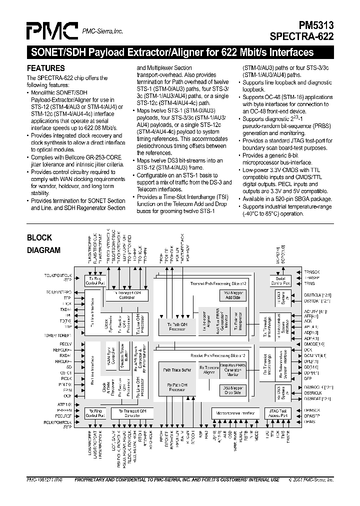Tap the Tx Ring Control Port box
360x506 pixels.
point(94,280)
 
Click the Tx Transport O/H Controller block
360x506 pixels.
point(129,295)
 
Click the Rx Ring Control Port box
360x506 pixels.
point(94,413)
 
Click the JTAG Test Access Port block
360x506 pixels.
point(276,413)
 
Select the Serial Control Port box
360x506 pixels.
point(280,280)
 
